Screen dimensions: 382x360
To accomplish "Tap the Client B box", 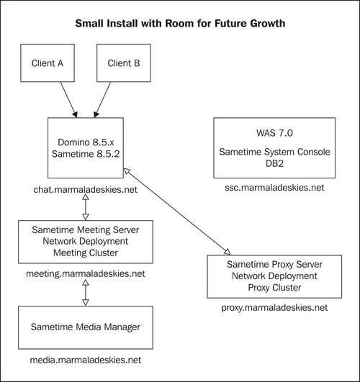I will (122, 63).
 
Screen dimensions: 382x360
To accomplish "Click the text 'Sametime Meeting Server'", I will (85, 230).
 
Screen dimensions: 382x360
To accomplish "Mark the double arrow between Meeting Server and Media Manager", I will (85, 292).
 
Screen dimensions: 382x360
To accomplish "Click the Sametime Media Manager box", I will (85, 327).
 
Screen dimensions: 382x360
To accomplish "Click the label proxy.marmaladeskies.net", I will (274, 307).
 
